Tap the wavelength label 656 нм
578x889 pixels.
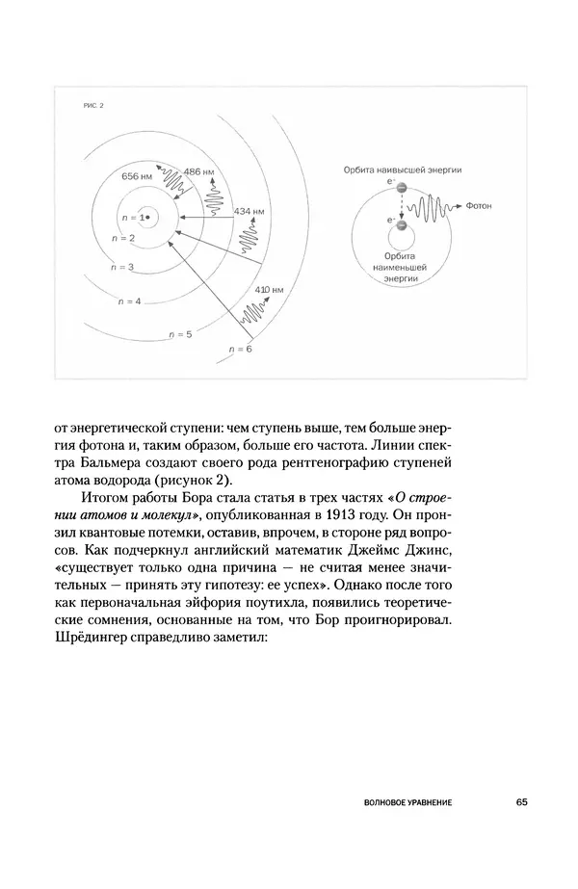[138, 177]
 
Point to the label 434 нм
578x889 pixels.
[250, 210]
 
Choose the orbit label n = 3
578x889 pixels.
[123, 265]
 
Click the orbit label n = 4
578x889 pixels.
[129, 301]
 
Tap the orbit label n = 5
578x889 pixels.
[180, 333]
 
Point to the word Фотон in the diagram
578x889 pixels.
[479, 205]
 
